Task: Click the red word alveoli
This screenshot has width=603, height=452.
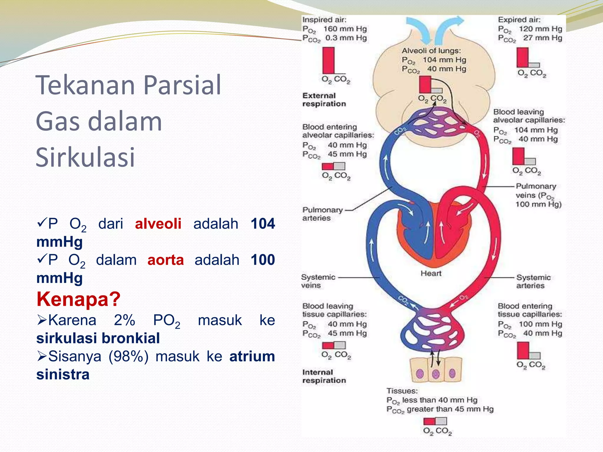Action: [158, 224]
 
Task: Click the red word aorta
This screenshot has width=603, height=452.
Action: [165, 260]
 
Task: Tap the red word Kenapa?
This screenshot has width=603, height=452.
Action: [78, 299]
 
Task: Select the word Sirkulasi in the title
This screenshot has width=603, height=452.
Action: [85, 157]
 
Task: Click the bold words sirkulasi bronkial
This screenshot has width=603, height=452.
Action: [98, 338]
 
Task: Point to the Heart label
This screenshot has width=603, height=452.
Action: [431, 273]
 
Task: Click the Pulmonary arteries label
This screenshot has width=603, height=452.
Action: [322, 214]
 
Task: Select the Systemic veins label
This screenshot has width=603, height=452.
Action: [318, 281]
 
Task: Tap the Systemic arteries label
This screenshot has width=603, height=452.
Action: [533, 281]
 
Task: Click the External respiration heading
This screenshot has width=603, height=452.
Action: [324, 100]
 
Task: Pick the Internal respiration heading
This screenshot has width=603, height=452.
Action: [324, 376]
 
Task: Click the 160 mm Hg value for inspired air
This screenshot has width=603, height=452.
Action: [345, 29]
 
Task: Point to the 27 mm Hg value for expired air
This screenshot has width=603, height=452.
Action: [542, 38]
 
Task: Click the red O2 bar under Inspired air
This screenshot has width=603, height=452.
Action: [328, 60]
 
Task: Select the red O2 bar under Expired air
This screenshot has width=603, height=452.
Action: [522, 57]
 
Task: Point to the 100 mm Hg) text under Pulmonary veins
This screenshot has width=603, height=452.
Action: [538, 205]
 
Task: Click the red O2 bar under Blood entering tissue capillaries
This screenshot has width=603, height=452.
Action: [523, 350]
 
